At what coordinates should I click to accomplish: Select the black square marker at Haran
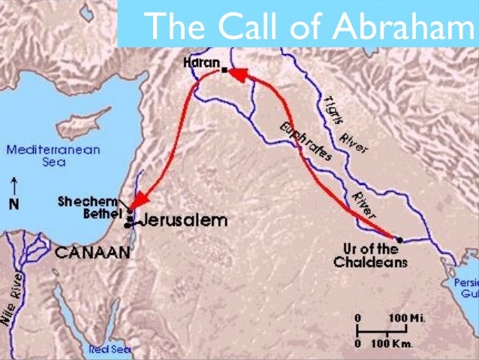223,71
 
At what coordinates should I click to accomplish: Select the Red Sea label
110,349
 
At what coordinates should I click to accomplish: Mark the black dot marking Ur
399,240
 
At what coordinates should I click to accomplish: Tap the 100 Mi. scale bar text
407,319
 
